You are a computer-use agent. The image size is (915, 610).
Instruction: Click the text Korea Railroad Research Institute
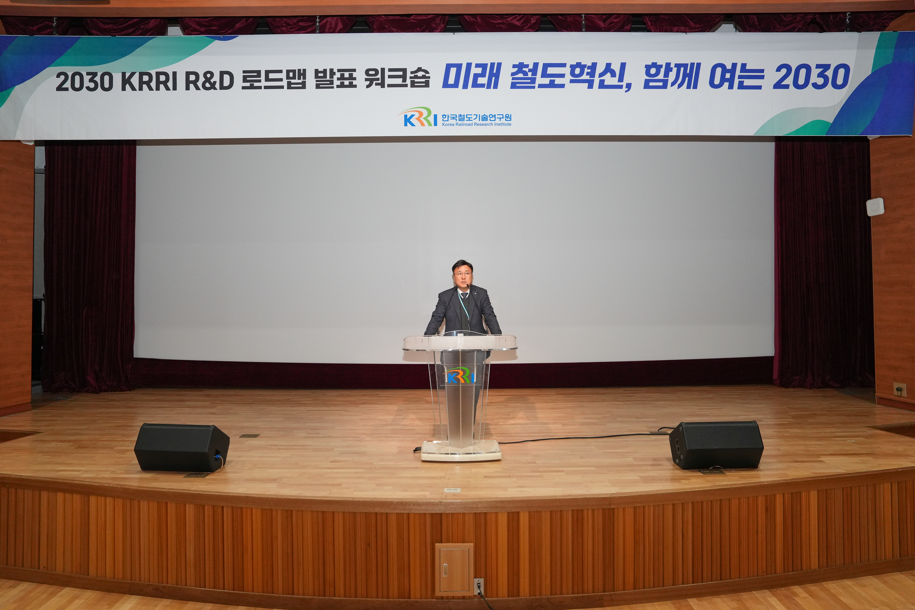(476, 124)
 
